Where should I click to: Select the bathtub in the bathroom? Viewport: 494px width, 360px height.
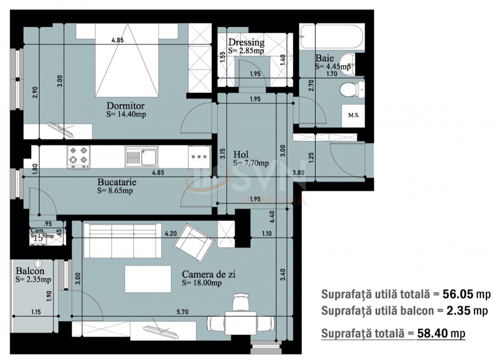(332, 36)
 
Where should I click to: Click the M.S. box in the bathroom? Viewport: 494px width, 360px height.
(354, 115)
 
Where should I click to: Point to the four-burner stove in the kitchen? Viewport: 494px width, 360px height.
(78, 157)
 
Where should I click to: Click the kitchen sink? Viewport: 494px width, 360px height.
(142, 157)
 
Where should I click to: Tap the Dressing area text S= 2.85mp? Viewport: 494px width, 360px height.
(246, 51)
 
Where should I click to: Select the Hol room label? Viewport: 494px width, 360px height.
(241, 154)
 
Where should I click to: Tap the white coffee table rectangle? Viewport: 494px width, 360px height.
(148, 279)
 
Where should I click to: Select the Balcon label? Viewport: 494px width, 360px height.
(30, 271)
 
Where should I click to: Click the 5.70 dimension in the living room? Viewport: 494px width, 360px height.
(182, 312)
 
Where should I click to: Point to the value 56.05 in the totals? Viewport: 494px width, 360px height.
(458, 294)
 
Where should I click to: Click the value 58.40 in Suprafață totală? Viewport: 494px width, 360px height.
(432, 333)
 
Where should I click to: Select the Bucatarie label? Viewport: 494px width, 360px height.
(117, 182)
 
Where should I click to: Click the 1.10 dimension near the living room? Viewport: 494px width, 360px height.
(266, 234)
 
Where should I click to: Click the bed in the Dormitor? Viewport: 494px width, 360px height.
(127, 62)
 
